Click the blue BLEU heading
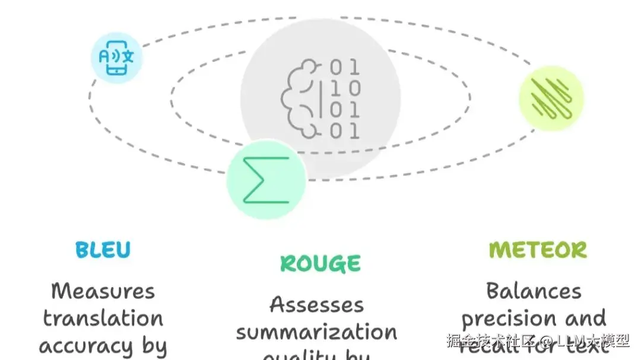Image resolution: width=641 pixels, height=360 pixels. click(x=103, y=250)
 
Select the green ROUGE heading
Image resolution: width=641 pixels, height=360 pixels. click(x=320, y=264)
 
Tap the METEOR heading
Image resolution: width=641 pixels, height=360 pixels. click(x=538, y=250)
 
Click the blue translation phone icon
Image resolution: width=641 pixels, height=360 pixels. click(x=117, y=58)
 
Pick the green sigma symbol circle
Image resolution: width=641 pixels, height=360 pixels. click(x=266, y=179)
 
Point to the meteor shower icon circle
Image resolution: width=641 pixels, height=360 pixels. click(x=551, y=98)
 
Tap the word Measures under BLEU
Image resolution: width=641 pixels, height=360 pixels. click(x=103, y=291)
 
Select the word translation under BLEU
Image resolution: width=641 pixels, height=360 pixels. click(x=103, y=318)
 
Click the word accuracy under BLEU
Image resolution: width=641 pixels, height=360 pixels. click(x=86, y=346)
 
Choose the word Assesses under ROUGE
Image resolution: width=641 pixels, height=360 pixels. click(x=316, y=305)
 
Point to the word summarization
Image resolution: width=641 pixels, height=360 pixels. click(x=316, y=332)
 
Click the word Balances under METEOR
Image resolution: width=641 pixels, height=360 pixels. click(x=534, y=291)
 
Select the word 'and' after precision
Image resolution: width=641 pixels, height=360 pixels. click(x=585, y=319)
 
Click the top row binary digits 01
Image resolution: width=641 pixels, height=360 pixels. click(x=345, y=66)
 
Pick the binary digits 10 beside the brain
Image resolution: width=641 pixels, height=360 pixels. click(x=345, y=88)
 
